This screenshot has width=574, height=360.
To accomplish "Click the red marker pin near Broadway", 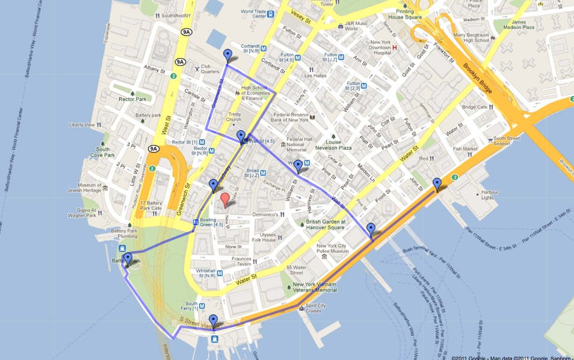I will (x=225, y=200).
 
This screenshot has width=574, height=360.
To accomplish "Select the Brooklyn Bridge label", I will (x=478, y=78).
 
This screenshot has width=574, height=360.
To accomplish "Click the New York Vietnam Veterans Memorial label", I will (x=315, y=287).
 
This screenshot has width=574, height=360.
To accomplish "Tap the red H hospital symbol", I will (x=395, y=48).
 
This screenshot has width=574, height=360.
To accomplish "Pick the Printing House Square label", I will (x=405, y=14).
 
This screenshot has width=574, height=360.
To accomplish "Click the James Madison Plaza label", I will (x=519, y=25).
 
